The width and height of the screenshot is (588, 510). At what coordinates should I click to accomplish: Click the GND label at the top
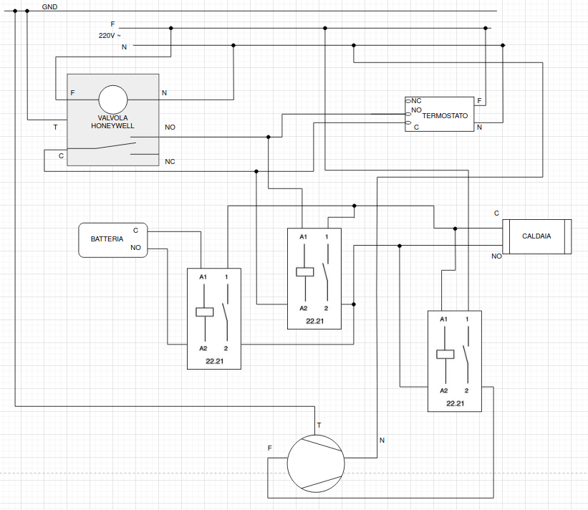click(49, 6)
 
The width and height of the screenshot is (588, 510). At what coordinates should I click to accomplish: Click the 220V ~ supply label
click(110, 35)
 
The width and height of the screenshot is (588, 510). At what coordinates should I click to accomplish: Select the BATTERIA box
click(112, 239)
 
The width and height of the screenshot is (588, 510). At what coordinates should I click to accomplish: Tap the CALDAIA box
click(536, 236)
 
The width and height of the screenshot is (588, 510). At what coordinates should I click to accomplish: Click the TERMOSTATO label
click(445, 115)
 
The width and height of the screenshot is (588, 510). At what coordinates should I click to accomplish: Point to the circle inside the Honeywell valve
click(112, 99)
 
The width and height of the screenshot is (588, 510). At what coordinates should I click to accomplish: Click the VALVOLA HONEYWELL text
click(112, 121)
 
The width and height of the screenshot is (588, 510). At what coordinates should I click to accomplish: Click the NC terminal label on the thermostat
click(416, 101)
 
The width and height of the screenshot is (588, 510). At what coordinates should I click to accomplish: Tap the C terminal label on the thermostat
click(416, 127)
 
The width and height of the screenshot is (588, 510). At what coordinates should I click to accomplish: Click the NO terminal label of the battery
click(135, 248)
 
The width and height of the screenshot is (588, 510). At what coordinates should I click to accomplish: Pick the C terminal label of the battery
click(135, 231)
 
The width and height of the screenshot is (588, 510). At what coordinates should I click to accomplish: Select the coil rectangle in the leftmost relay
click(205, 312)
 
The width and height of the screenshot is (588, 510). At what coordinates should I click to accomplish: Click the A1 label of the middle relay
click(303, 237)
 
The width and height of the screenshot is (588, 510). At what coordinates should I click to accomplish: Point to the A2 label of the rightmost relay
click(443, 390)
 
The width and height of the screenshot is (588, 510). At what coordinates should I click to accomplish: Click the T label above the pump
click(319, 425)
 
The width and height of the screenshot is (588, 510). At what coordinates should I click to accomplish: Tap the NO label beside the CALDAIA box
click(496, 256)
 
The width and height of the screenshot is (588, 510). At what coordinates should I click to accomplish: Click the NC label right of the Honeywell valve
click(170, 162)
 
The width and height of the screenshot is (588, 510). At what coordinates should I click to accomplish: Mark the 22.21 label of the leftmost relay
click(214, 361)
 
